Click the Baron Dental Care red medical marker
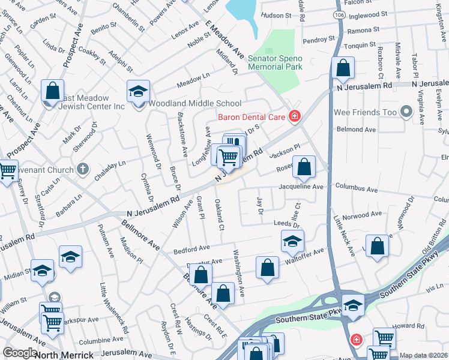coord(294,116)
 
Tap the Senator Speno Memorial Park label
coord(275,62)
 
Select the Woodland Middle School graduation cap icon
coord(138,92)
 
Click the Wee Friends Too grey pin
coord(406,112)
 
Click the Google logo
coord(20,353)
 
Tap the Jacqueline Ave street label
coord(301,187)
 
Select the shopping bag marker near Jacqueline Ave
coord(304,167)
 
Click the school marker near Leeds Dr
coord(292,242)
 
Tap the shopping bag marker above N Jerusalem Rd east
coord(343,68)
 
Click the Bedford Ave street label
coord(191,247)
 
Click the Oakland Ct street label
coord(220,215)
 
